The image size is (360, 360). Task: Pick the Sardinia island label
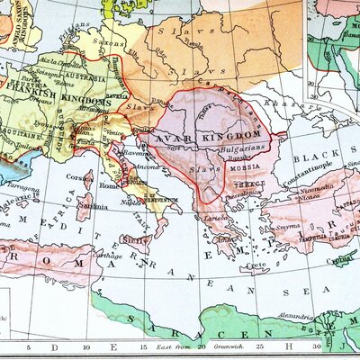86,204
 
